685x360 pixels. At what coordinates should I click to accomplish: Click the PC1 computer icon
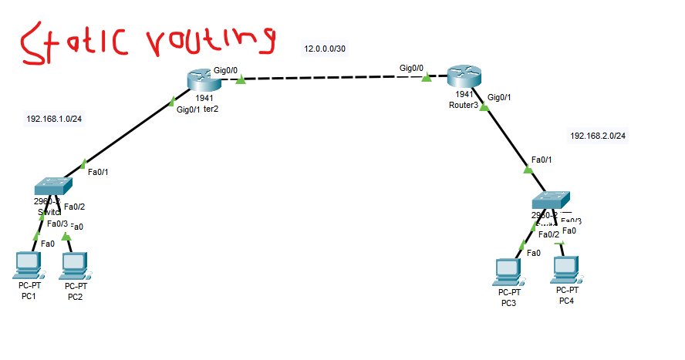point(29,264)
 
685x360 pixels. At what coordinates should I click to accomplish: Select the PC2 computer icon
point(75,265)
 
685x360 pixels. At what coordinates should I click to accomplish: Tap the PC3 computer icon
point(508,271)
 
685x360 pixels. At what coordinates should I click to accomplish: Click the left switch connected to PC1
point(52,186)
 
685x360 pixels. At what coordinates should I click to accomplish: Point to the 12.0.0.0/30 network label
point(325,49)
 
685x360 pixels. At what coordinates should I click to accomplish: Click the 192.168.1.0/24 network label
point(55,119)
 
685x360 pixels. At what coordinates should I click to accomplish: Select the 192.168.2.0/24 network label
point(598,136)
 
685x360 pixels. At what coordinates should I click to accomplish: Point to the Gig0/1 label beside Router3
point(499,97)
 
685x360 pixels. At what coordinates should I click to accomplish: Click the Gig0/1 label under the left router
point(188,109)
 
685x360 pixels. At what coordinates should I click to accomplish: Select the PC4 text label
point(566,301)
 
